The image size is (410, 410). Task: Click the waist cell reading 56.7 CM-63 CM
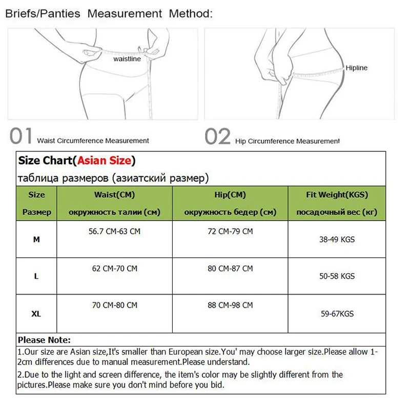[x=114, y=232]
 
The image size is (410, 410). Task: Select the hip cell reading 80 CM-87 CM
[x=230, y=269]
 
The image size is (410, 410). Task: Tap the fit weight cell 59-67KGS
[x=337, y=314]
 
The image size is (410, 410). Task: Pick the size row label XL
[x=36, y=314]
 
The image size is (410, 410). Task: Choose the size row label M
[x=36, y=239]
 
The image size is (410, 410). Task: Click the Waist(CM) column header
[x=114, y=195]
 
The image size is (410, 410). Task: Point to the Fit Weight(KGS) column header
[x=337, y=195]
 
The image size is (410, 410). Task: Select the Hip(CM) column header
[x=230, y=195]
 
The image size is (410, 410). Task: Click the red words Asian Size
[x=104, y=160]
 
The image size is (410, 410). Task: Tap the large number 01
[x=21, y=137]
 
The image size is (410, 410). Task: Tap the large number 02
[x=217, y=137]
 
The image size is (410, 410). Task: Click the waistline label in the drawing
[x=127, y=59]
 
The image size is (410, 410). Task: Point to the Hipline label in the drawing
[x=356, y=68]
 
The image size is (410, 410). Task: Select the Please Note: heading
[x=44, y=340]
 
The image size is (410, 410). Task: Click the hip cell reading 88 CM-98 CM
[x=230, y=305]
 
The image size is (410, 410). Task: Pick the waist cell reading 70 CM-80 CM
[x=114, y=305]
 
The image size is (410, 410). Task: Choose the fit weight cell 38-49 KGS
[x=337, y=239]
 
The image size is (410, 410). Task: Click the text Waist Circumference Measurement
[x=93, y=140]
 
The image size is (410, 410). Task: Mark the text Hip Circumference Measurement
[x=288, y=141]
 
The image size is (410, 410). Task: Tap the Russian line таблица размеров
[x=113, y=178]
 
